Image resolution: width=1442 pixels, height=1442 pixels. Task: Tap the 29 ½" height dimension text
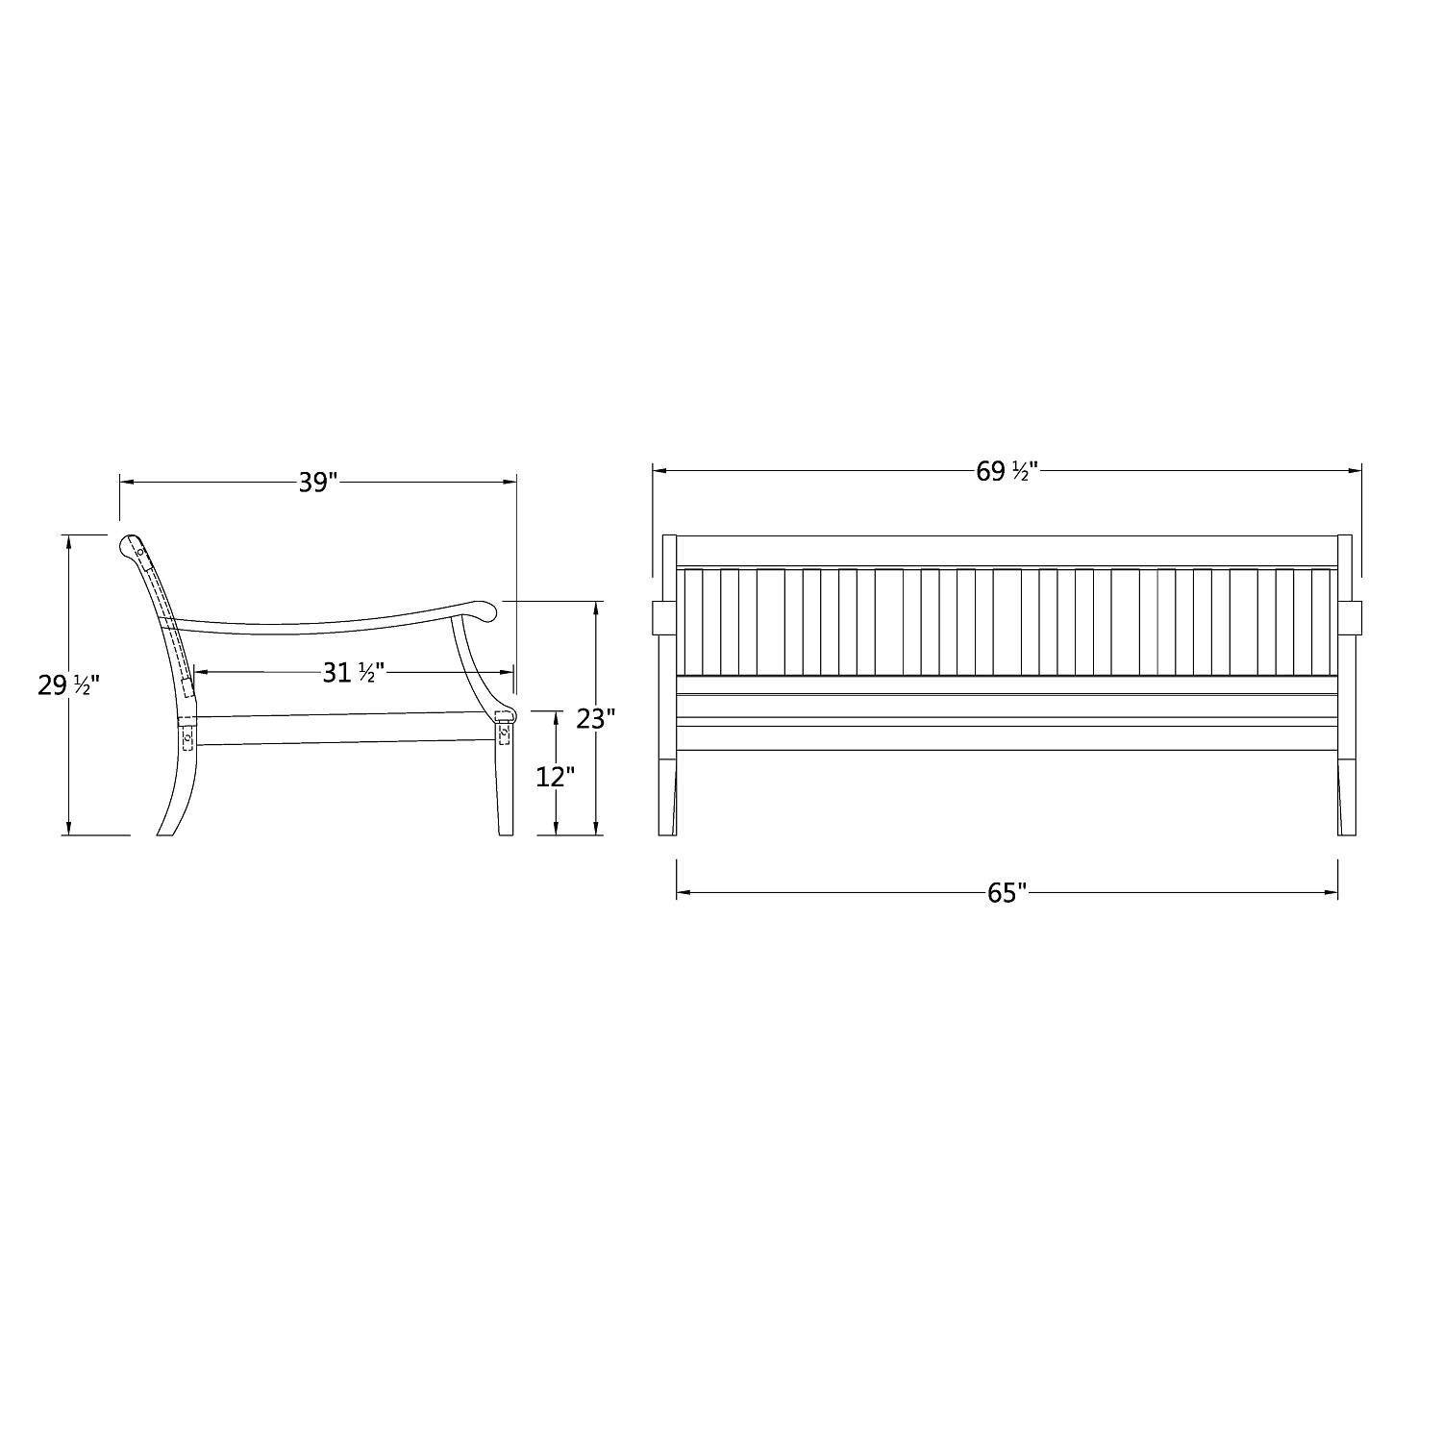[68, 685]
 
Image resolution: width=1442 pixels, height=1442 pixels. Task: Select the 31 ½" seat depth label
[353, 673]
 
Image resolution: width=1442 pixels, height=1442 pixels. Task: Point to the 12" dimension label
[556, 777]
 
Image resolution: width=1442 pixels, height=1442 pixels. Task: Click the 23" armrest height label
[596, 718]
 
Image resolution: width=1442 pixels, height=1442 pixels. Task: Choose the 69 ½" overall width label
[1007, 471]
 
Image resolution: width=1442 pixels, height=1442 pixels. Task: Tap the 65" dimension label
[1007, 894]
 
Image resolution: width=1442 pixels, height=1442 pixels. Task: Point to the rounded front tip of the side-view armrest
[484, 609]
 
